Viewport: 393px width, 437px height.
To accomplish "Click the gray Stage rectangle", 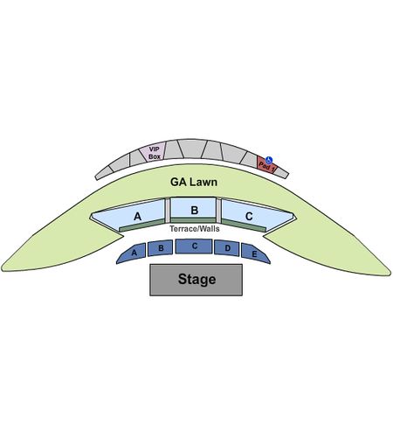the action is tap(196, 280).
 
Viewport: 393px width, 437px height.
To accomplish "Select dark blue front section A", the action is tap(132, 253).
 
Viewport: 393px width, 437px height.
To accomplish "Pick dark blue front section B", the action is tap(160, 248).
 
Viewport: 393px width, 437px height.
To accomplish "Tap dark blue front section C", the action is tap(194, 246).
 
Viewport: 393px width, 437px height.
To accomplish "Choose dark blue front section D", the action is tap(227, 248).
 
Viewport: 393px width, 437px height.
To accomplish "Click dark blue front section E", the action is tap(255, 253).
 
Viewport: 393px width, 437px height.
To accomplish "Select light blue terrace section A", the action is tap(128, 215).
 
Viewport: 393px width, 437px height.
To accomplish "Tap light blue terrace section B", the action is tap(193, 208).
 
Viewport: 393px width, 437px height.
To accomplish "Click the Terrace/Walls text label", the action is tap(195, 229).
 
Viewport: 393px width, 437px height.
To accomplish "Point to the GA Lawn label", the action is tap(194, 182).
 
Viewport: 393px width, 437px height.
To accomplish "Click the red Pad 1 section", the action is tap(266, 165).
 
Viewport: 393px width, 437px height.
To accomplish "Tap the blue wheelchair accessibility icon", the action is tap(269, 160).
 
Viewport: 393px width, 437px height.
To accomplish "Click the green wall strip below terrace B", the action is tap(193, 220).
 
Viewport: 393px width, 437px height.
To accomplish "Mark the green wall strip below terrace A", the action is tap(141, 225).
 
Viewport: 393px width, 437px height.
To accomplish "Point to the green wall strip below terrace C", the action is tap(244, 225).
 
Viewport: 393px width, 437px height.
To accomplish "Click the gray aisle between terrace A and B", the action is tap(168, 211).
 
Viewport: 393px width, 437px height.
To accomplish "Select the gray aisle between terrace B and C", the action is tap(218, 211).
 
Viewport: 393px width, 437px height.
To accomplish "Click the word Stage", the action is tap(197, 279).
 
